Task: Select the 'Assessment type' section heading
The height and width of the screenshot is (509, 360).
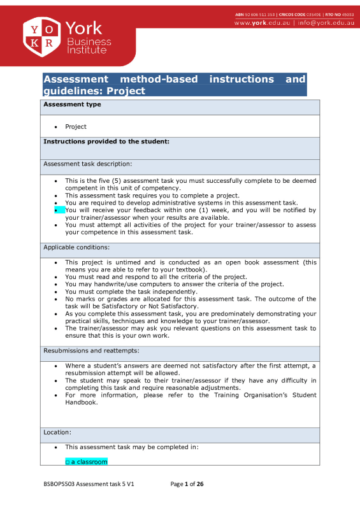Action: pyautogui.click(x=71, y=104)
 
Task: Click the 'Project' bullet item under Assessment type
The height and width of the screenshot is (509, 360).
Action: pyautogui.click(x=76, y=127)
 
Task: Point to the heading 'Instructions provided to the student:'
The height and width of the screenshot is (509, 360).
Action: pyautogui.click(x=105, y=141)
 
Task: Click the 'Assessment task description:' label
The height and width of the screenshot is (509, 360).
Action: pyautogui.click(x=87, y=164)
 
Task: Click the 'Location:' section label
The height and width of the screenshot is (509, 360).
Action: pyautogui.click(x=57, y=432)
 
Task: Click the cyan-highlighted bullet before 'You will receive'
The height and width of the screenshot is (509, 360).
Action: pyautogui.click(x=59, y=210)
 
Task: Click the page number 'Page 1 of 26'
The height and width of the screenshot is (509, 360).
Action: pyautogui.click(x=187, y=484)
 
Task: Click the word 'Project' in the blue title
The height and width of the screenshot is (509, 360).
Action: pyautogui.click(x=126, y=91)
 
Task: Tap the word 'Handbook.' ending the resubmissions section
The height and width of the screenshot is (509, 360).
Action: pyautogui.click(x=82, y=402)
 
